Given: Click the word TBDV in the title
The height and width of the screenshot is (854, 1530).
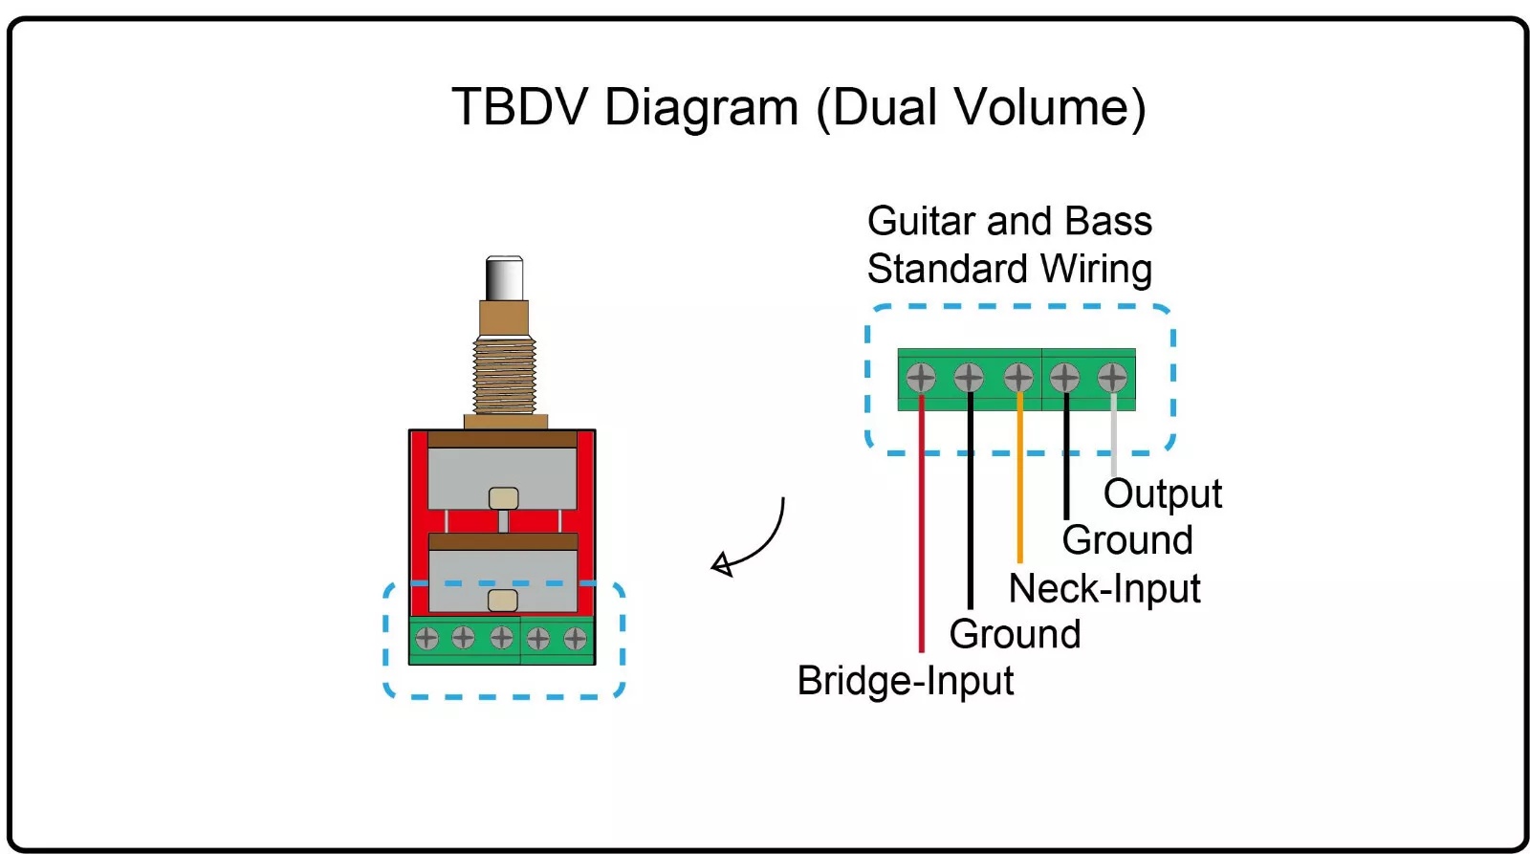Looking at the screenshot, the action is click(519, 106).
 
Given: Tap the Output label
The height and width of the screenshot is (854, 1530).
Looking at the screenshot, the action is click(1163, 494).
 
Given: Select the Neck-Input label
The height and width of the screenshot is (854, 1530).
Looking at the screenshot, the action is click(1104, 588).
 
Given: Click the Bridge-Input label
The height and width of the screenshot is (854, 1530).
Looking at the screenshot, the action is click(905, 681).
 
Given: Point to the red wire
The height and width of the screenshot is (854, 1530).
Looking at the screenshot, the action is click(922, 523).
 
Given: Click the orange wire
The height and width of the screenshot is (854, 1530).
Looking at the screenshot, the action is click(1019, 477).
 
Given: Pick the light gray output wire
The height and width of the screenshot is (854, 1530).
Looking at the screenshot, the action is click(1114, 434).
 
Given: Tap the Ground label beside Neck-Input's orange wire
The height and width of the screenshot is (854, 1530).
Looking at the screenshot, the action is click(1015, 634).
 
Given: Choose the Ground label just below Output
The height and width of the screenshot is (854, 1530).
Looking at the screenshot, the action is click(1127, 539).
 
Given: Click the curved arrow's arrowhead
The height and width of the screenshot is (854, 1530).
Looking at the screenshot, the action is click(721, 565).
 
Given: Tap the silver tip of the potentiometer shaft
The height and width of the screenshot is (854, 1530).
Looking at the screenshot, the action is click(504, 278).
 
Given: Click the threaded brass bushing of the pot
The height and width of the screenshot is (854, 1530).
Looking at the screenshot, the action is click(504, 377).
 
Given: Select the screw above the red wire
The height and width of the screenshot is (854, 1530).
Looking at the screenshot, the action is click(921, 377).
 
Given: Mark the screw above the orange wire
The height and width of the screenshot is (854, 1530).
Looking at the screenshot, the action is click(1018, 377).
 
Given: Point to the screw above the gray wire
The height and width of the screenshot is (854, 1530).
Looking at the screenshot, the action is click(1112, 377).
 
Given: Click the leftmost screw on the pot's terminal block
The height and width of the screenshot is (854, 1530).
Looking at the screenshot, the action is click(426, 638).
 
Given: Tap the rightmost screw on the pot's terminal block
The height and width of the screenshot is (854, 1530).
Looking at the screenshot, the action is click(575, 639).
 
